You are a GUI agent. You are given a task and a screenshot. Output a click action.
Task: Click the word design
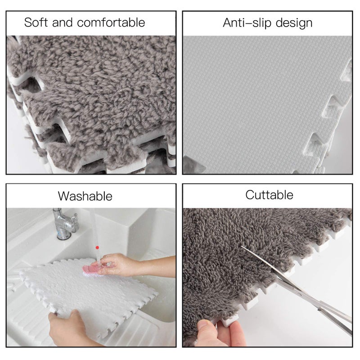(292, 23)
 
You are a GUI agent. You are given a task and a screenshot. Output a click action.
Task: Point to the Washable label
(85, 196)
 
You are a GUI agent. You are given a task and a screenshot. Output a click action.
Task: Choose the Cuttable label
(269, 195)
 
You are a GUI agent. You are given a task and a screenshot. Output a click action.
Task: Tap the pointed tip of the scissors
(242, 246)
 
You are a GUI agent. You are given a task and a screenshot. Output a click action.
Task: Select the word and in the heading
(62, 22)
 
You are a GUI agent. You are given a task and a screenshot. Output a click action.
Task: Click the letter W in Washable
(63, 196)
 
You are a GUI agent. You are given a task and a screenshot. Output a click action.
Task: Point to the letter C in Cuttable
(249, 195)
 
